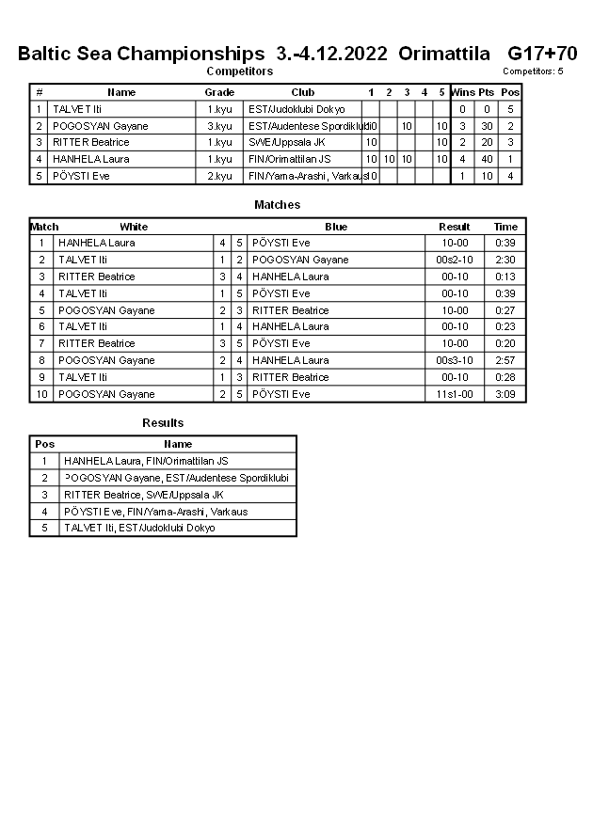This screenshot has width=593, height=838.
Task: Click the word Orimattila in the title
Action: (x=444, y=53)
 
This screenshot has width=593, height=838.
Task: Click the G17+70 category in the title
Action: (x=542, y=53)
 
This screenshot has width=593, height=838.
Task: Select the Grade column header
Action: (x=219, y=92)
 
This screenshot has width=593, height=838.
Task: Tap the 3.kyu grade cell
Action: (x=219, y=126)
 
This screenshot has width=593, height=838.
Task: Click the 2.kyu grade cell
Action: (x=219, y=176)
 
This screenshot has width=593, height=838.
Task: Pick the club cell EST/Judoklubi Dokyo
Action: (x=296, y=109)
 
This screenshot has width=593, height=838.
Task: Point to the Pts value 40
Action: (x=486, y=159)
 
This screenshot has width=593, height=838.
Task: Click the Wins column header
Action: (x=462, y=92)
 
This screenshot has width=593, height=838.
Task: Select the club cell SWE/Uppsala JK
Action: (x=287, y=142)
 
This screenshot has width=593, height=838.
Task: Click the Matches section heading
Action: (x=278, y=204)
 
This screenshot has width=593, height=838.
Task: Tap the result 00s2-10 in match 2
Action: (x=455, y=260)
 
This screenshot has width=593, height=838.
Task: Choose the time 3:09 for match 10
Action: (x=506, y=394)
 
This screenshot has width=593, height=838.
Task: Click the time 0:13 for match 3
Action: (x=506, y=277)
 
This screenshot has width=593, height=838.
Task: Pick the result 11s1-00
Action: (x=455, y=394)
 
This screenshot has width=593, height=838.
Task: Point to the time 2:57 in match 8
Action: (x=506, y=360)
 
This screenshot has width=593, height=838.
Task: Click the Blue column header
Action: (x=336, y=227)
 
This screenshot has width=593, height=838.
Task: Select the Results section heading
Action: (x=163, y=423)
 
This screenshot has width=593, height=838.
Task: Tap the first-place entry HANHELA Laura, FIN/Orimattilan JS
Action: (x=146, y=461)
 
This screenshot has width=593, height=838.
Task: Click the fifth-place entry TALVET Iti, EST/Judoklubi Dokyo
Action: (x=139, y=528)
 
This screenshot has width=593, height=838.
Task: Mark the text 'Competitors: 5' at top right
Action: (x=533, y=71)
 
